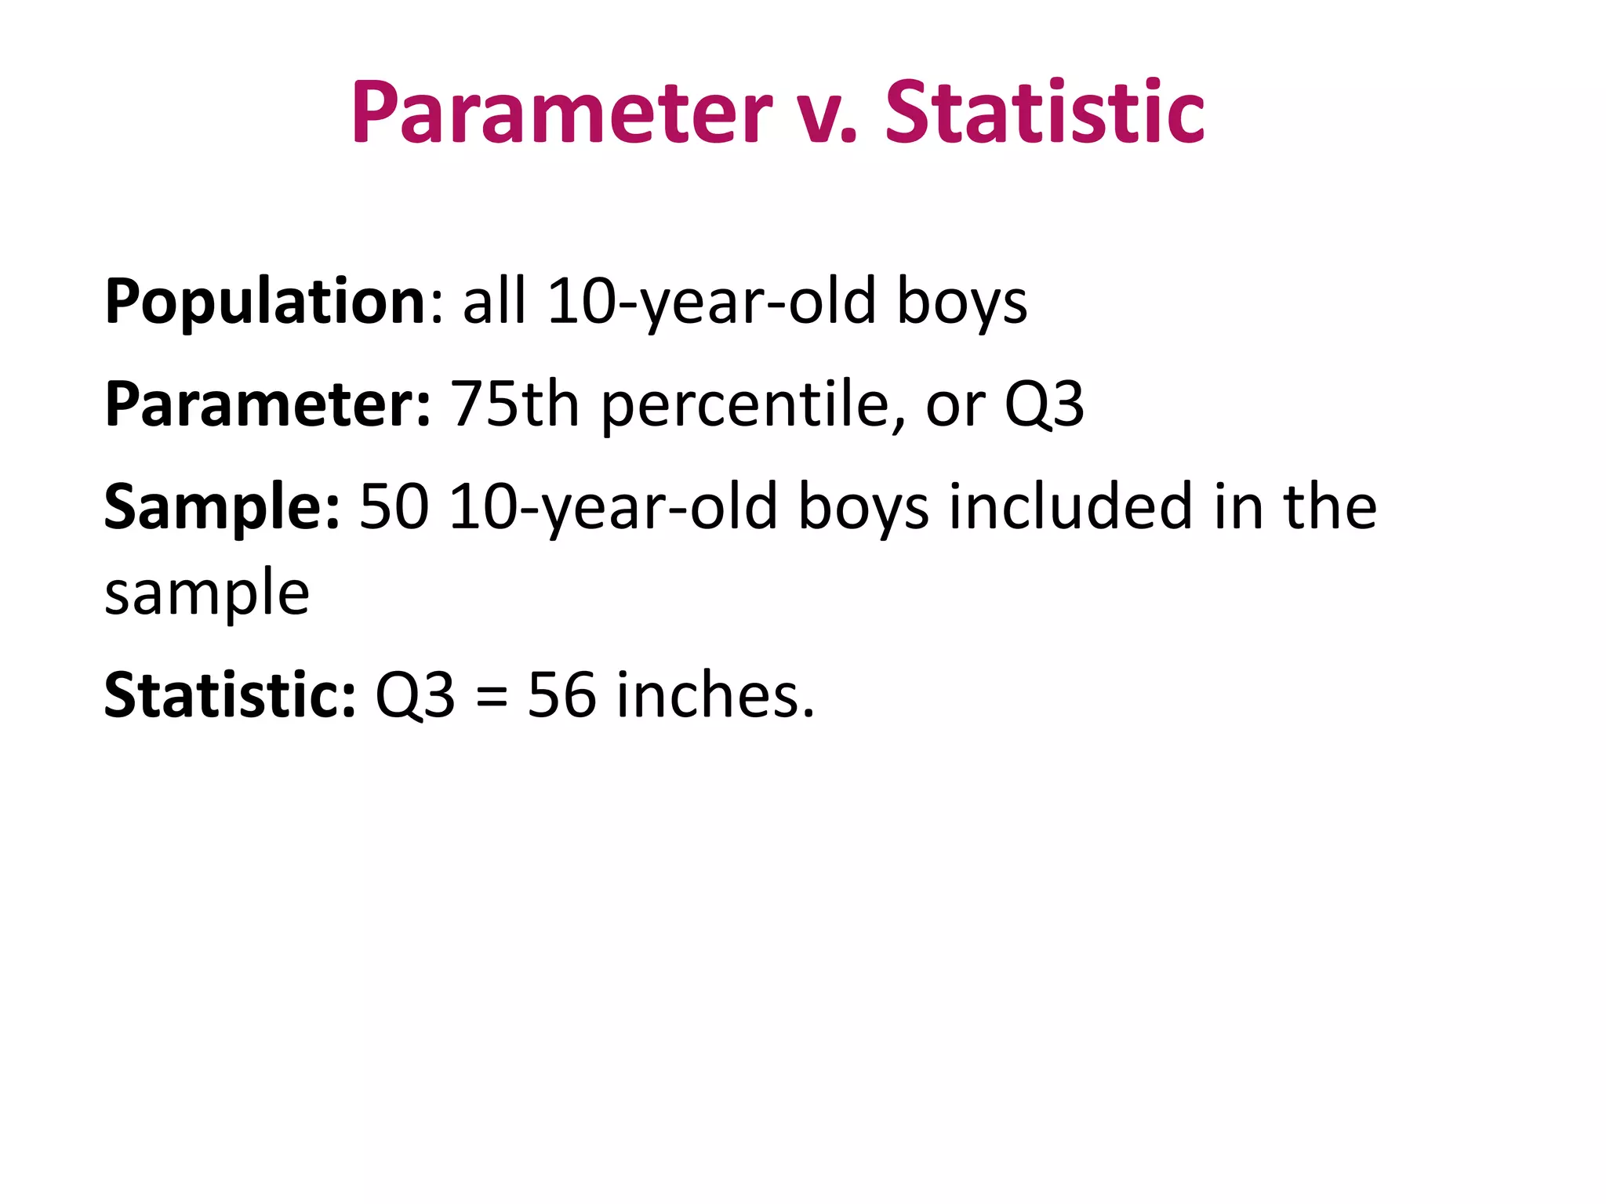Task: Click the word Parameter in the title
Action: click(x=561, y=113)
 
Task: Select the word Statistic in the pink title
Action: click(x=1045, y=113)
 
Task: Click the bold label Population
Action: click(x=265, y=303)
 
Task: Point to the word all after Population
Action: click(x=494, y=301)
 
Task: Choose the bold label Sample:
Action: click(x=223, y=508)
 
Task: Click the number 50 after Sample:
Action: click(x=394, y=508)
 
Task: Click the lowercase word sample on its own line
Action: click(x=207, y=594)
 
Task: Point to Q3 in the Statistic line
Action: click(x=415, y=696)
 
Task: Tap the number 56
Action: click(x=561, y=696)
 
